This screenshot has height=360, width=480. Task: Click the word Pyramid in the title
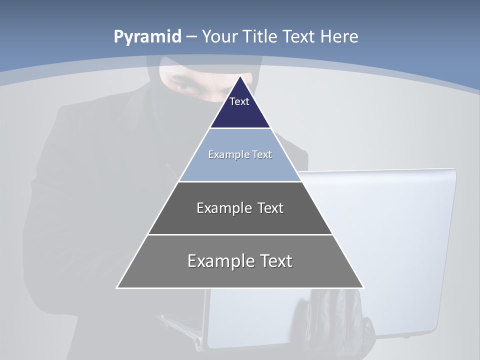[147, 36]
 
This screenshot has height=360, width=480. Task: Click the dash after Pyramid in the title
[191, 37]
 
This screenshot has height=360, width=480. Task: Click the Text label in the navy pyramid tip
[239, 101]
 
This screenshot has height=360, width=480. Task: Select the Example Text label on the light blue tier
[240, 154]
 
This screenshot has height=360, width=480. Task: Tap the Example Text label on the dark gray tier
[240, 208]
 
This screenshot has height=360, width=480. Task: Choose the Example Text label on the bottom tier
[240, 261]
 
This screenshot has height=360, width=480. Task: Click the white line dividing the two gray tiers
[240, 234]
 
